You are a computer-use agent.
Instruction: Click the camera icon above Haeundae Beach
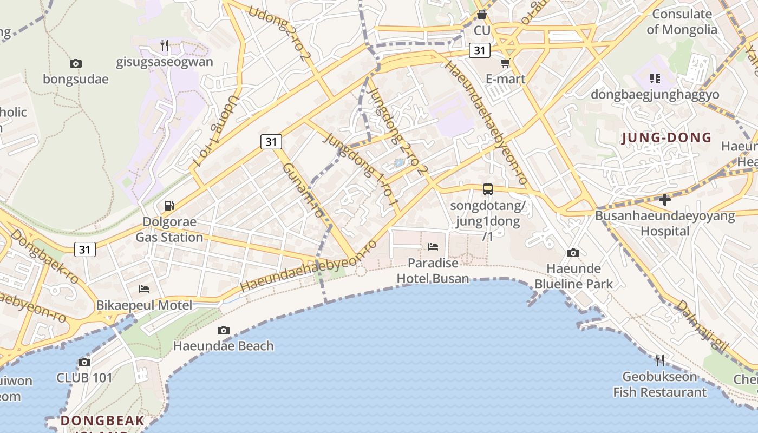pyautogui.click(x=223, y=330)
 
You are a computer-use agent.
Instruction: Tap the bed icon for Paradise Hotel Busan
pyautogui.click(x=433, y=247)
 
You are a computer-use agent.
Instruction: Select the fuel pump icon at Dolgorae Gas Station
pyautogui.click(x=169, y=206)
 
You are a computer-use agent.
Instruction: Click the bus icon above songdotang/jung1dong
pyautogui.click(x=488, y=189)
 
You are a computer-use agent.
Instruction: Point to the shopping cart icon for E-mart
pyautogui.click(x=506, y=63)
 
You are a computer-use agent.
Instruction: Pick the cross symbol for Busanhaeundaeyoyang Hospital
pyautogui.click(x=665, y=200)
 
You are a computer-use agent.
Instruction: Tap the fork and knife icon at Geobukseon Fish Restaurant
pyautogui.click(x=659, y=360)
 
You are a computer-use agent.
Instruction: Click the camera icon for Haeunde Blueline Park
pyautogui.click(x=573, y=253)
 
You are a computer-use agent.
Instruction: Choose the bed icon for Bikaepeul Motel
pyautogui.click(x=144, y=288)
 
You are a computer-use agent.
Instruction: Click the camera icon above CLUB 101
pyautogui.click(x=84, y=362)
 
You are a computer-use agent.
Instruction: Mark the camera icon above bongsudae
pyautogui.click(x=76, y=63)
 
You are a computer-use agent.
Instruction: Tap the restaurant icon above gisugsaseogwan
pyautogui.click(x=165, y=45)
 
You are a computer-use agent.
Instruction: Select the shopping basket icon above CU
pyautogui.click(x=481, y=15)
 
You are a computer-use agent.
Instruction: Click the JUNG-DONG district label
pyautogui.click(x=666, y=137)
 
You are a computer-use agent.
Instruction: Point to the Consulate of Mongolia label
pyautogui.click(x=682, y=22)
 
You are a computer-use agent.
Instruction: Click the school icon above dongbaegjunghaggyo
pyautogui.click(x=655, y=78)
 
